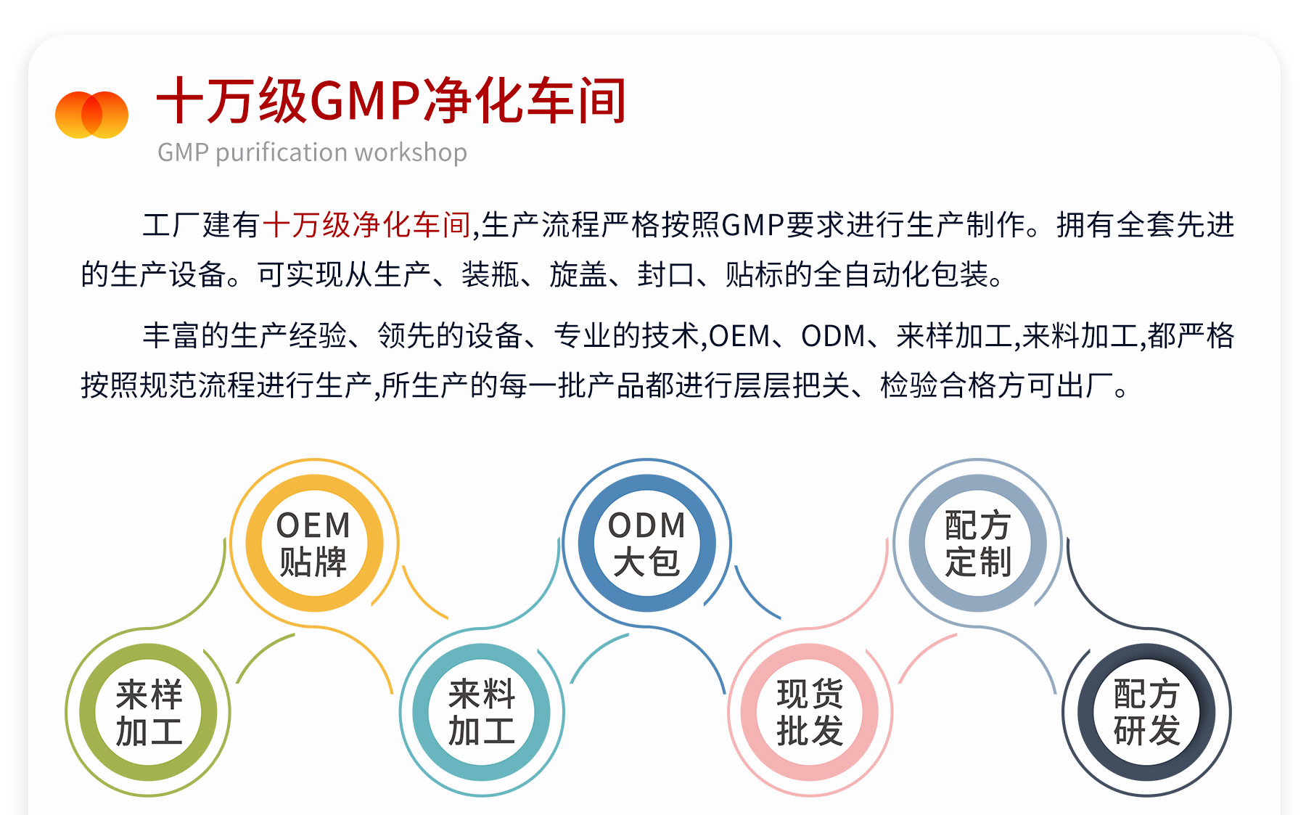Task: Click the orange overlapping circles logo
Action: (91, 115)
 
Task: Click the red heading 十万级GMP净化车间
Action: (391, 101)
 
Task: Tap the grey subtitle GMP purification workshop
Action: (312, 152)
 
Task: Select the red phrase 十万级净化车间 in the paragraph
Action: (366, 225)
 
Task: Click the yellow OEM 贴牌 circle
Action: (313, 543)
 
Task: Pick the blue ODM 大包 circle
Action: (646, 543)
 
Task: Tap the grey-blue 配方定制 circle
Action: (977, 543)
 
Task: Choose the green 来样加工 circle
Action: (149, 712)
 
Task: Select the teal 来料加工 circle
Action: (481, 712)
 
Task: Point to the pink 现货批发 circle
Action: (810, 712)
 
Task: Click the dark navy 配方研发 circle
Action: (1146, 712)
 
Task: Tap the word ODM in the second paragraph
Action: (833, 336)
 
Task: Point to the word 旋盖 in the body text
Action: (578, 275)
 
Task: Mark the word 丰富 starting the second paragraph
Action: (171, 336)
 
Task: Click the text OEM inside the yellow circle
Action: (313, 525)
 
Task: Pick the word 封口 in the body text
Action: (666, 275)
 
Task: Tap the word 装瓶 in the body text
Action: (490, 275)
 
